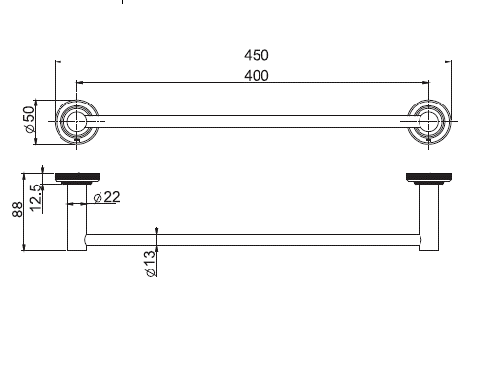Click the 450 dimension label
click(257, 55)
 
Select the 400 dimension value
click(257, 76)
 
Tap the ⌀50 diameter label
click(29, 119)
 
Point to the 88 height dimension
click(18, 209)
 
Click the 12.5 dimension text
click(36, 198)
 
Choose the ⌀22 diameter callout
click(107, 197)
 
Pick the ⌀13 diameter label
click(151, 264)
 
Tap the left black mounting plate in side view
click(77, 177)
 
